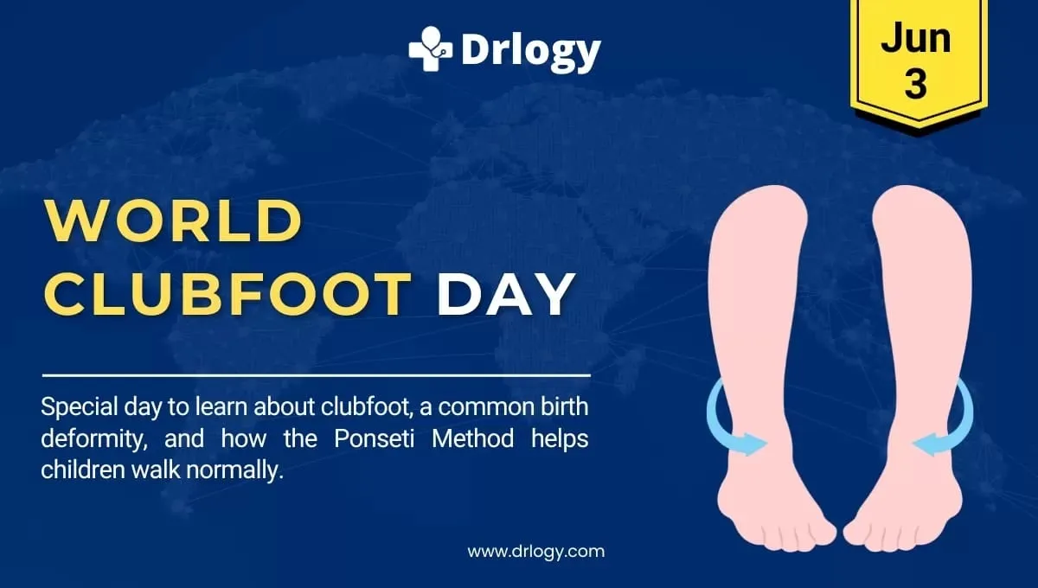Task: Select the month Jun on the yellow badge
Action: point(916,39)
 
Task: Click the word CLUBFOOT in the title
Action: point(227,294)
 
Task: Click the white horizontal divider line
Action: point(316,376)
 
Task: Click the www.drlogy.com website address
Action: point(535,551)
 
